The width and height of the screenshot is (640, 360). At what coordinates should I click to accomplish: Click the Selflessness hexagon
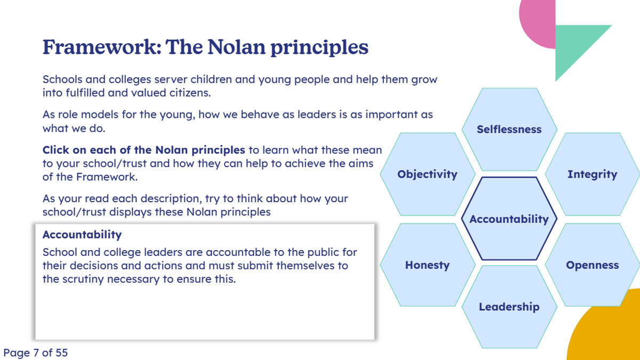click(x=509, y=130)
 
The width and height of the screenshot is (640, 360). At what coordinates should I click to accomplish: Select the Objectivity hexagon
click(x=427, y=174)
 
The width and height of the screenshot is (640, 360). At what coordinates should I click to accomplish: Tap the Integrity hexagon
click(x=593, y=174)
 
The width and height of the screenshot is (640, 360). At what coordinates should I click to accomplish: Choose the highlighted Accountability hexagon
click(x=509, y=219)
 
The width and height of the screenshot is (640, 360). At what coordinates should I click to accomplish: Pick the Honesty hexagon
click(x=427, y=265)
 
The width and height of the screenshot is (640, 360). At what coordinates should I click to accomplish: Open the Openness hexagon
click(x=593, y=265)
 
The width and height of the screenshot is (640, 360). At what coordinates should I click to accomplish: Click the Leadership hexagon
click(x=509, y=307)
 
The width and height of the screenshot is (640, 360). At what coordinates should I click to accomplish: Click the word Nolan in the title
click(x=236, y=47)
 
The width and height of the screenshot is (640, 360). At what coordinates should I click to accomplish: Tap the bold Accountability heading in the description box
click(x=82, y=235)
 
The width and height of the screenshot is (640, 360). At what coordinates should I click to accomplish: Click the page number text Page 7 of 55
click(x=35, y=353)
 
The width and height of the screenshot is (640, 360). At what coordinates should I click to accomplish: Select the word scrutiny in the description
click(x=83, y=279)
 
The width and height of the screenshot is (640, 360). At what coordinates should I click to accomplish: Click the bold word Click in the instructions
click(x=56, y=150)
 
